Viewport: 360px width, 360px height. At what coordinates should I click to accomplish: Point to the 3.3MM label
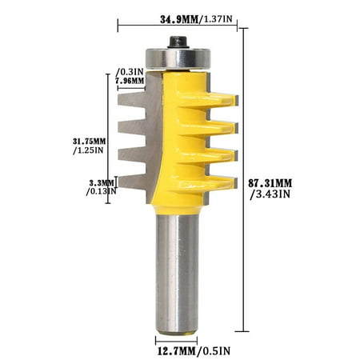(x=101, y=182)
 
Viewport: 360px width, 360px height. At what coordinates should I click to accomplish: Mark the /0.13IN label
(x=102, y=191)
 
